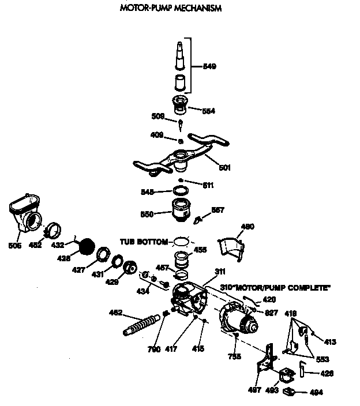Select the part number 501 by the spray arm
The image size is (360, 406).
pos(224,168)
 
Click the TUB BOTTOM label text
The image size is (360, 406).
pos(144,242)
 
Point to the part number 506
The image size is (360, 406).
pos(16,245)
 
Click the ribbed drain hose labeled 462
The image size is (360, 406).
pos(141,324)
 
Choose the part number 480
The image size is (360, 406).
pos(247,227)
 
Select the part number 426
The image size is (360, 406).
pos(327,373)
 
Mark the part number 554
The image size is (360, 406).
pos(209,111)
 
